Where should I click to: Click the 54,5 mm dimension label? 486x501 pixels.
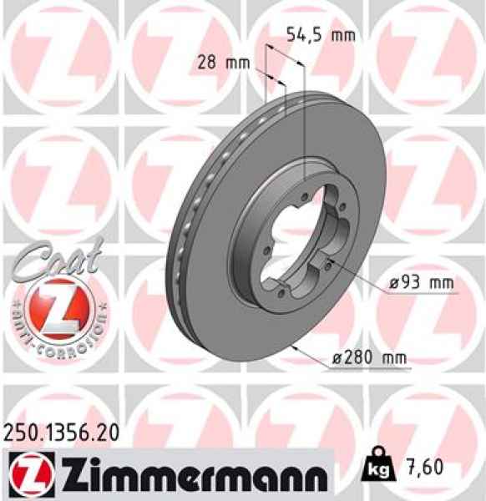tap(321, 35)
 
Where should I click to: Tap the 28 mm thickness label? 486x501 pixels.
tap(226, 62)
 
